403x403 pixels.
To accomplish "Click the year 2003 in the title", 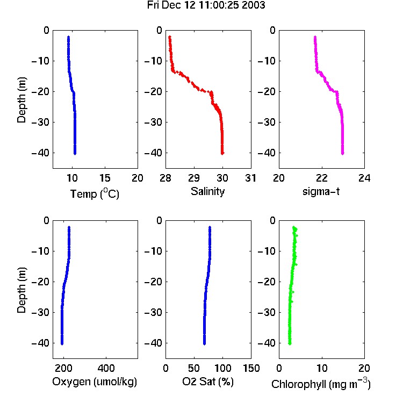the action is coord(253,5).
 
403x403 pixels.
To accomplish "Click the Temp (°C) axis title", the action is coord(95,194).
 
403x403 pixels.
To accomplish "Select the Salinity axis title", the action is coord(207,192).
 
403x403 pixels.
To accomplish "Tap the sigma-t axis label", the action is coord(321,191).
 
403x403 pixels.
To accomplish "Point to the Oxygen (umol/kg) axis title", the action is coord(95,382).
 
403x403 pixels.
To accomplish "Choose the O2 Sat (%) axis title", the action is coord(208,382).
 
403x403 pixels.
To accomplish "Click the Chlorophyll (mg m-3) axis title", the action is coord(321,384).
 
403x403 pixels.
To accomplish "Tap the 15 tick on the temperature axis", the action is coord(105,178).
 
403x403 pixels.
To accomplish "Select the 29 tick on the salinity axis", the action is coord(194,178).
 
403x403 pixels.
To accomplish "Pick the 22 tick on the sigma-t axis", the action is coord(321,178).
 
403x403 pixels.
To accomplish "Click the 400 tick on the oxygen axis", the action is coord(106,368).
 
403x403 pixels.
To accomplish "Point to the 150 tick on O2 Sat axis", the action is coord(251,368).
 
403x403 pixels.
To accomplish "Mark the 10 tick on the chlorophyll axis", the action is coord(322,368).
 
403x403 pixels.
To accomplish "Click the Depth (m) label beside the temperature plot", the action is coord(21,100).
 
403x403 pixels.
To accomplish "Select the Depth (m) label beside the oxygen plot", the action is coord(21,290).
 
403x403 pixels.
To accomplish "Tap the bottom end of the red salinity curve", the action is coord(222,154).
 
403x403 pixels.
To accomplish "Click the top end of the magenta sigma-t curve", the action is coord(315,37).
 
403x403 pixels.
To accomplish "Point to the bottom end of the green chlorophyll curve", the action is coord(290,344).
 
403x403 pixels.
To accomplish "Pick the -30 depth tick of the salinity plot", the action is coord(153,123).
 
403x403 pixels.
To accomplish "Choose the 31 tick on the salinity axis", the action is coord(250,178).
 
